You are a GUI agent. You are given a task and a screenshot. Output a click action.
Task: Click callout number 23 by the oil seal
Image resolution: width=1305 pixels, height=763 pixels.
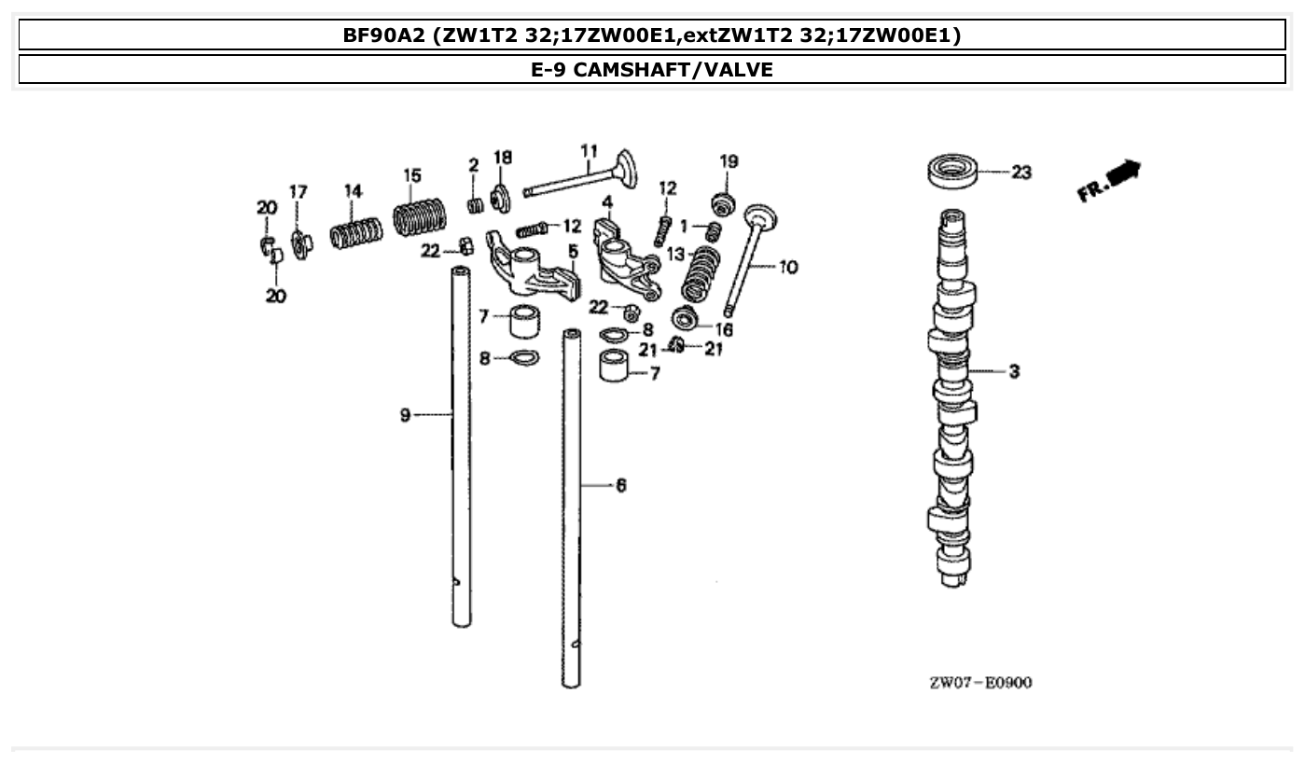[1021, 173]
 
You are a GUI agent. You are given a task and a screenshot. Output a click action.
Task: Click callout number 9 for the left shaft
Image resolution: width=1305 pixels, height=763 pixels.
[406, 415]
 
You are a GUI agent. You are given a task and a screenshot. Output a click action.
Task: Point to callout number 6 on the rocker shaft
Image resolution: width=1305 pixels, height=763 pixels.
[620, 485]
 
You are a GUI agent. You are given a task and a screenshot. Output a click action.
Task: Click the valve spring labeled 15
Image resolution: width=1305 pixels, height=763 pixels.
[419, 217]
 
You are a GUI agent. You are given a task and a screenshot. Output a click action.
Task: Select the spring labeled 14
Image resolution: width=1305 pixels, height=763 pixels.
[356, 233]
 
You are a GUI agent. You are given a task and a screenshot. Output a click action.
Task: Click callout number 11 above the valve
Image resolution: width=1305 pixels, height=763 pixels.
[589, 151]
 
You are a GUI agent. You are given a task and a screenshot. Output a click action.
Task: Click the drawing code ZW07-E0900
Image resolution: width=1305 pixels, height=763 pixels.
[980, 683]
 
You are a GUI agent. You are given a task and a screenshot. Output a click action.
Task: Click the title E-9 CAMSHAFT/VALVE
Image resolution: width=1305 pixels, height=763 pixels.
[652, 69]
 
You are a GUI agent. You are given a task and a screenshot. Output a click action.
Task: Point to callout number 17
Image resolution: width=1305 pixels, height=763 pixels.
[298, 192]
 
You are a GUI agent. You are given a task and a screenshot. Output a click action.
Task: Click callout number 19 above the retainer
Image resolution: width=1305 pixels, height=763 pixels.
[729, 161]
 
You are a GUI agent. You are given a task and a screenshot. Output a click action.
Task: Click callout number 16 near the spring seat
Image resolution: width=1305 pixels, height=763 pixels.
[724, 329]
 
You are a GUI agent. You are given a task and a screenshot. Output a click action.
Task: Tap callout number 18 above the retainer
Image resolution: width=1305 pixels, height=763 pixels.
[503, 158]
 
